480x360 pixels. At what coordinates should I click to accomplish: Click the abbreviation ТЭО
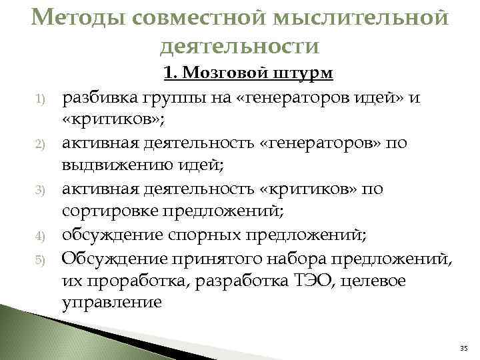[314, 280]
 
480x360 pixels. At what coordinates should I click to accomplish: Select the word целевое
[373, 280]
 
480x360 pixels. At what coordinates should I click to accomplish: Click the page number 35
[464, 349]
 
